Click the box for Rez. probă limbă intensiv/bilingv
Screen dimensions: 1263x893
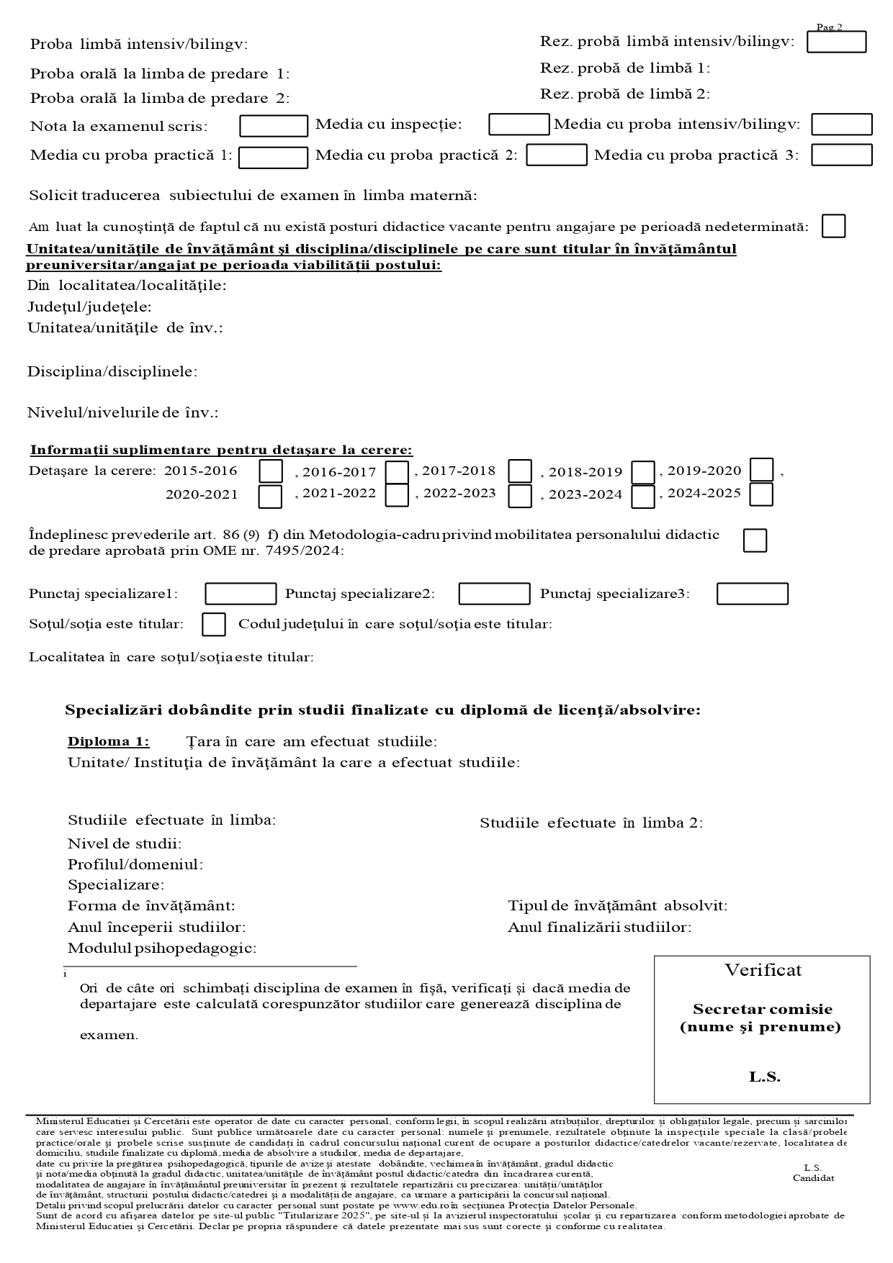(836, 42)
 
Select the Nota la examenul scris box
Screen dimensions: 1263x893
(274, 126)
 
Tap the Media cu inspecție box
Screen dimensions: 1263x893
(519, 125)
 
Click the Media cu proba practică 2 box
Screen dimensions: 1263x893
(557, 155)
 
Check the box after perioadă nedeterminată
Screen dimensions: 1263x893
(833, 226)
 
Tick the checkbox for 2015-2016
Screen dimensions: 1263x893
(271, 471)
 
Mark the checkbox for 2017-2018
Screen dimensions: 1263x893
(520, 471)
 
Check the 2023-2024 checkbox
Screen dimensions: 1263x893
(643, 497)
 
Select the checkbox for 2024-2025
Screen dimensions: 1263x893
(761, 494)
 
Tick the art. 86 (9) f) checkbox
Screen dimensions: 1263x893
(755, 540)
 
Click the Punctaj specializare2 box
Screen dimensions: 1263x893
(494, 594)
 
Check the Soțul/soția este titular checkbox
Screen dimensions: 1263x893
(214, 624)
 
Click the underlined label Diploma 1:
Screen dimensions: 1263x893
(109, 741)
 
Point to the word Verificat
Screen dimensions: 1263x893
(763, 970)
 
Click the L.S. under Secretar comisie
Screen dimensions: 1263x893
(764, 1077)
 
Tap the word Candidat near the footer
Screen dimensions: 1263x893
(813, 1178)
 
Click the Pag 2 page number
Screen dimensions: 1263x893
(829, 27)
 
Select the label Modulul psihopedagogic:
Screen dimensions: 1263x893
(162, 948)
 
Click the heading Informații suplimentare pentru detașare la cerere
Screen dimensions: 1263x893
(221, 450)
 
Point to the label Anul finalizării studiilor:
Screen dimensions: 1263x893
(599, 927)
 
